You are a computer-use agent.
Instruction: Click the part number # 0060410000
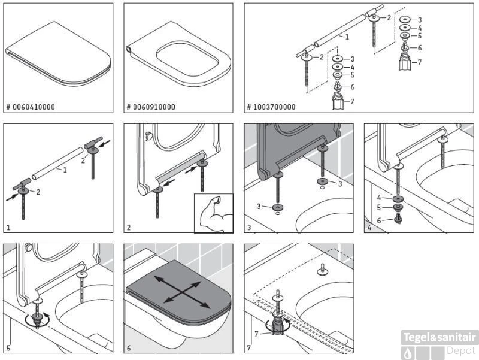[x=31, y=107]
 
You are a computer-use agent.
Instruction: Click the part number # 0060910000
[x=151, y=107]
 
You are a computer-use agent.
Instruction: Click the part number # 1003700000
[x=271, y=107]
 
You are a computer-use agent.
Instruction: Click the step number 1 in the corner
[x=8, y=228]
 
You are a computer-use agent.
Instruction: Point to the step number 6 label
[x=128, y=347]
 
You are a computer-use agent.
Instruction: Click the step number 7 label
[x=248, y=347]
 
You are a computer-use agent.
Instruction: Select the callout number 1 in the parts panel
[x=346, y=37]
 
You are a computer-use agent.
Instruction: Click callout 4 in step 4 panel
[x=379, y=196]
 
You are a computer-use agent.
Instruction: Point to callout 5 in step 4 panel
[x=379, y=208]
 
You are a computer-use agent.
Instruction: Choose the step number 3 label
[x=248, y=228]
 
